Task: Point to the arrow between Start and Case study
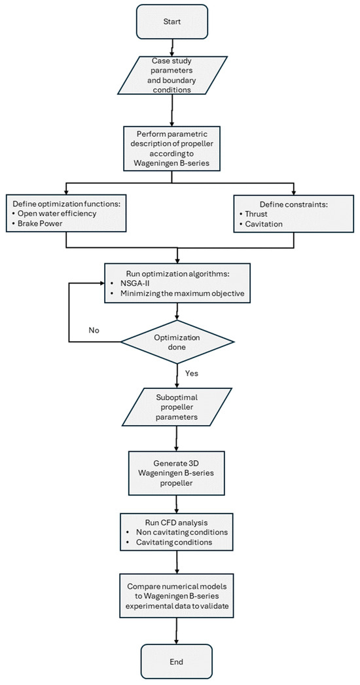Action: [173, 46]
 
